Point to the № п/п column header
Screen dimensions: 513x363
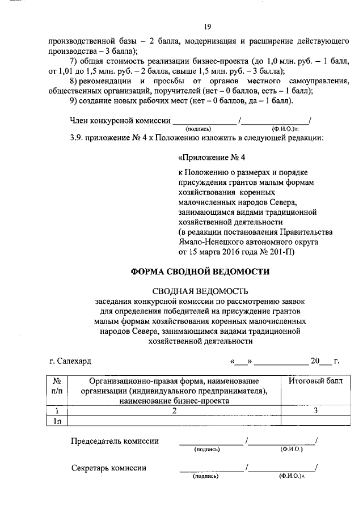click(x=57, y=385)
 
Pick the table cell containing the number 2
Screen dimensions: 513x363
click(x=175, y=411)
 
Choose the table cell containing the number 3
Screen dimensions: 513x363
click(x=314, y=411)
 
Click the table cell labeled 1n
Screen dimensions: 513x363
click(x=57, y=421)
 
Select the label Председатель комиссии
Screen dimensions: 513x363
click(x=115, y=441)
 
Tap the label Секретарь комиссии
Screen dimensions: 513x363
click(x=109, y=468)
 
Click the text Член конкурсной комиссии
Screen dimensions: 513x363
click(x=119, y=120)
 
